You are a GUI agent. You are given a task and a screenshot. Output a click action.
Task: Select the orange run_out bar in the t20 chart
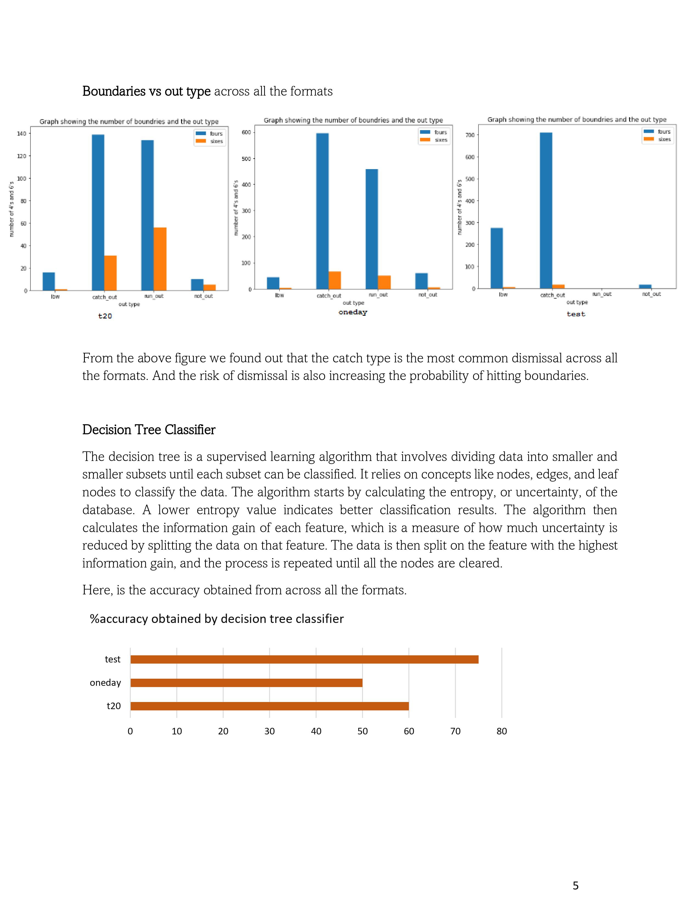(160, 259)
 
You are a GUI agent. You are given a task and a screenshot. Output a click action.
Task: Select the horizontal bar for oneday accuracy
(246, 683)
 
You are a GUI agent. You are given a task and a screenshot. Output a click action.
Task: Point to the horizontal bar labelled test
(304, 659)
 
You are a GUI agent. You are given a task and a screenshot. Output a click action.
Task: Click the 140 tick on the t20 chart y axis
(21, 134)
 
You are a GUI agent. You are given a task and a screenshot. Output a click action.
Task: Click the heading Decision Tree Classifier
(149, 430)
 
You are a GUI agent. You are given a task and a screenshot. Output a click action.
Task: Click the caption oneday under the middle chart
(352, 312)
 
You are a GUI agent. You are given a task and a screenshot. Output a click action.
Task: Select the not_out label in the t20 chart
(203, 296)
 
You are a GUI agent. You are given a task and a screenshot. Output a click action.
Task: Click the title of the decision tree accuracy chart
(217, 619)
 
